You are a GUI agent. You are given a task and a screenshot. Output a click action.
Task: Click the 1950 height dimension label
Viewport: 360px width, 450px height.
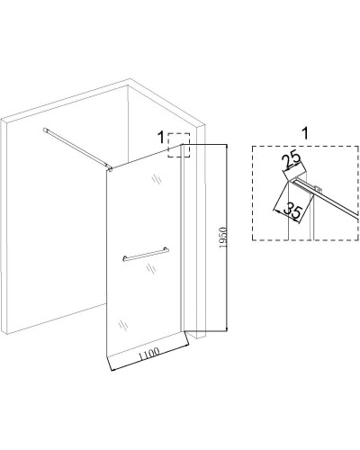223,238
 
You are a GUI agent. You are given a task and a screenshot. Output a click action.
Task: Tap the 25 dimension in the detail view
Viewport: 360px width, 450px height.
292,160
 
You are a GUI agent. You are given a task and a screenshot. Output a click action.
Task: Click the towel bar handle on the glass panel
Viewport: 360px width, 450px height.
146,255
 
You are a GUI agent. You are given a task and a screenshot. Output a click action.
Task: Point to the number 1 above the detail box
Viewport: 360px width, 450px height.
305,133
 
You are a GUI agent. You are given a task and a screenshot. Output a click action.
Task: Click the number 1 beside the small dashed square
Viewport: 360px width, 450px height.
161,138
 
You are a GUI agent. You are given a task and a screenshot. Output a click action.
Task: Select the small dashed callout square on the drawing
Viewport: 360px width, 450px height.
179,145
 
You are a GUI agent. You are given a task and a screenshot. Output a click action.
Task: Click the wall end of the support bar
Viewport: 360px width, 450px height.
46,130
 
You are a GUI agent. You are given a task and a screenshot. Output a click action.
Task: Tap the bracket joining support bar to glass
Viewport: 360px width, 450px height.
110,169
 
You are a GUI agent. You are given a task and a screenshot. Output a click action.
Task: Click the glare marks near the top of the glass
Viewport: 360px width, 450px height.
157,179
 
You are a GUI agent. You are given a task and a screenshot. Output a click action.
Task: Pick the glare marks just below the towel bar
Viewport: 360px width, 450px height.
150,268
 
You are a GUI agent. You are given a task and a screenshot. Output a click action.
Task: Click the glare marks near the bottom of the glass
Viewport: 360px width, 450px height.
122,325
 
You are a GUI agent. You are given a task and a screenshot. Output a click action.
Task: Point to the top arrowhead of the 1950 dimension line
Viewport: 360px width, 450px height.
227,146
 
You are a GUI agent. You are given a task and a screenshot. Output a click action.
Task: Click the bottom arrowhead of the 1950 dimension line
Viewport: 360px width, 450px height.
227,330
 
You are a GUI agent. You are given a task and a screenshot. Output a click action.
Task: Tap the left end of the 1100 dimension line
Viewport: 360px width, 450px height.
112,370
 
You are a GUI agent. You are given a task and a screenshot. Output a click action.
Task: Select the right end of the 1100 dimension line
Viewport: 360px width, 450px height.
188,346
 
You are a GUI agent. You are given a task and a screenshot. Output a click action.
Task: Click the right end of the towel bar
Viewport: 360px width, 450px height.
167,249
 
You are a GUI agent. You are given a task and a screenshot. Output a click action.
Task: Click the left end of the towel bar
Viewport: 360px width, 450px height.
124,258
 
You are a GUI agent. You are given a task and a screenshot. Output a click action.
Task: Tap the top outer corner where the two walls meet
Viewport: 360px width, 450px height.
130,79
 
